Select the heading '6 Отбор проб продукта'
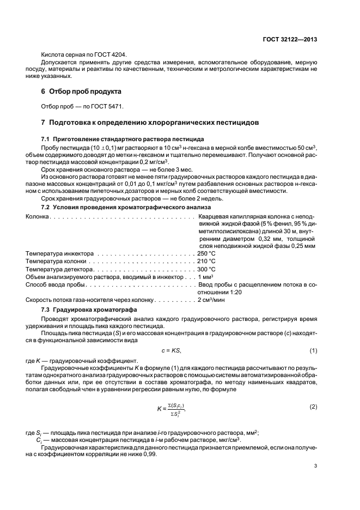click(x=82, y=90)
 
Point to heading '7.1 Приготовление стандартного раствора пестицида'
click(x=123, y=139)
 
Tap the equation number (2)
click(x=313, y=407)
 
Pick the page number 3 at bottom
click(x=315, y=466)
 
